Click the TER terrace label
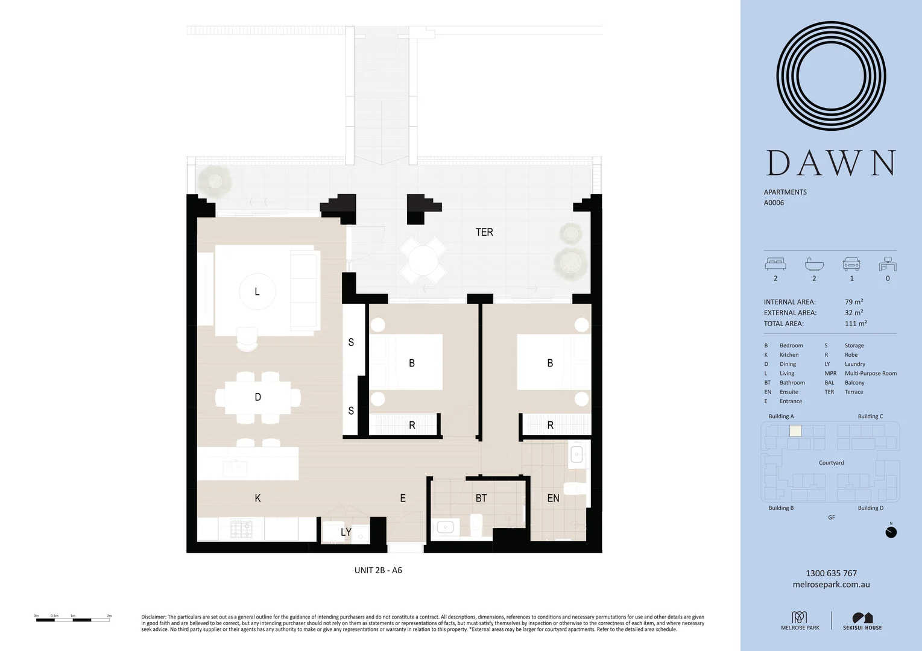click(484, 232)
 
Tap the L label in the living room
click(257, 292)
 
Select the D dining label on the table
click(257, 397)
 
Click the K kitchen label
click(257, 498)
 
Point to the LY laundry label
click(346, 532)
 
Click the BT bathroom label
click(481, 498)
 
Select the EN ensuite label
click(553, 498)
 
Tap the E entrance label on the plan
click(403, 498)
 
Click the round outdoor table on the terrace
click(423, 260)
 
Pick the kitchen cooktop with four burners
click(241, 529)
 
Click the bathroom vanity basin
click(445, 528)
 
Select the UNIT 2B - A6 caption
click(378, 570)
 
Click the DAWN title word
click(831, 163)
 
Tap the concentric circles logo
click(830, 76)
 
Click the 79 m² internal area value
click(853, 302)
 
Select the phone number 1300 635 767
click(831, 573)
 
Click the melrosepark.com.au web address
click(831, 585)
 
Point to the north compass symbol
click(891, 532)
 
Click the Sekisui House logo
click(862, 621)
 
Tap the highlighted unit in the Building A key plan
click(795, 431)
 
